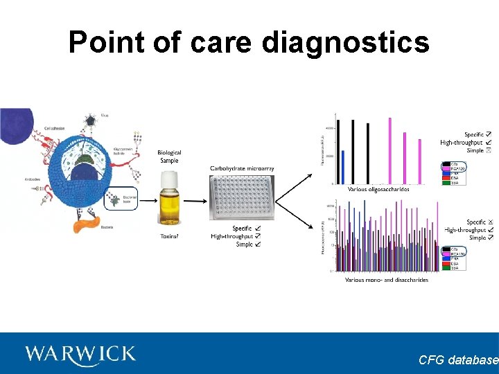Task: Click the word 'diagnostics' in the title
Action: [345, 42]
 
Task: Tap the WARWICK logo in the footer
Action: [80, 355]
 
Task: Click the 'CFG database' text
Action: [458, 360]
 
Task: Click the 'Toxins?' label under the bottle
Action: [169, 237]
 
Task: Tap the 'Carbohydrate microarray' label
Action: [242, 168]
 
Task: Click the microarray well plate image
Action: [242, 197]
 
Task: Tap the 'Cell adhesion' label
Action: [55, 129]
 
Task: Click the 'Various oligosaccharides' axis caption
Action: [378, 189]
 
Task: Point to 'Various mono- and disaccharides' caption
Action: [386, 280]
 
